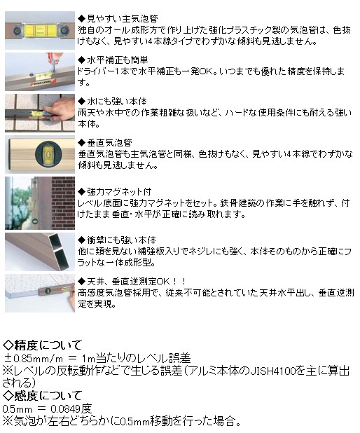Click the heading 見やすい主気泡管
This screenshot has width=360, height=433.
(122, 18)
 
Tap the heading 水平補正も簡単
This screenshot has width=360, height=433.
(118, 60)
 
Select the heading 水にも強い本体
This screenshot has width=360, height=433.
(117, 102)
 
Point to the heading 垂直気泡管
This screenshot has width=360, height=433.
(109, 143)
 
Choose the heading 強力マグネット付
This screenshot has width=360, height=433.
(119, 191)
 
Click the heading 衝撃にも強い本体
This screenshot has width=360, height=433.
(121, 240)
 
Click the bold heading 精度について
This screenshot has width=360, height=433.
(48, 345)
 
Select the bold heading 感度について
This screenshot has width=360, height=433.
(48, 396)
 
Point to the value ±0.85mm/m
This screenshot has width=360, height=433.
(34, 359)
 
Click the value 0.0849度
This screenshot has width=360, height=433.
(71, 408)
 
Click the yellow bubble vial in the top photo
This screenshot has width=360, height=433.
(40, 30)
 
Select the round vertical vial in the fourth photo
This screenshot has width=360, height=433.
(48, 154)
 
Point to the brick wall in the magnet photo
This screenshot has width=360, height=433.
(63, 203)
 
